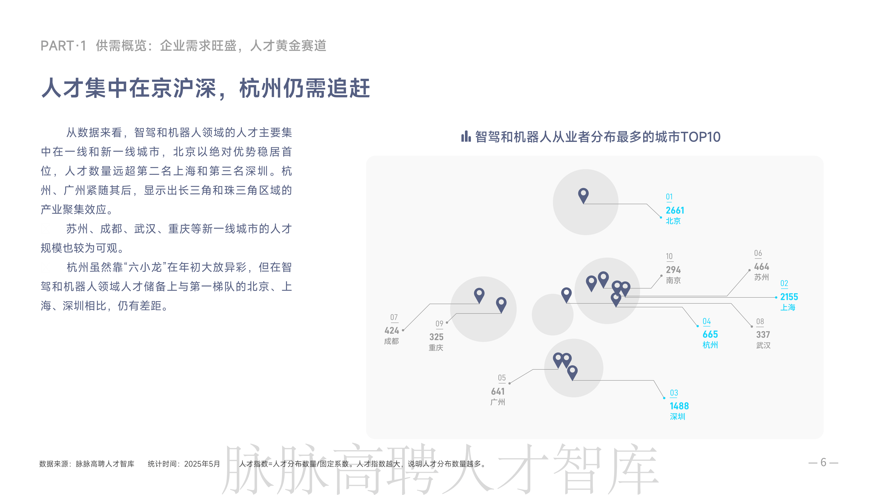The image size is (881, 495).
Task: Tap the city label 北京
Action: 673,221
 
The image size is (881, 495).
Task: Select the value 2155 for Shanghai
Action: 789,297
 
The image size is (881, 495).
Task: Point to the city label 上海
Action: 788,308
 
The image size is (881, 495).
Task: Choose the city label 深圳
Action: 677,417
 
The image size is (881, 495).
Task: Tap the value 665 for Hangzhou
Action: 710,334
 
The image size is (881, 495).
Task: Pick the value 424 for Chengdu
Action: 392,330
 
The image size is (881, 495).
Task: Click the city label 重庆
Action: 436,348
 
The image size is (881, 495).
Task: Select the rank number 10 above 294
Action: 669,256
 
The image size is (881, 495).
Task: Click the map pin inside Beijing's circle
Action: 583,195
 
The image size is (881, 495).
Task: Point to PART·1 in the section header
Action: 63,46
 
